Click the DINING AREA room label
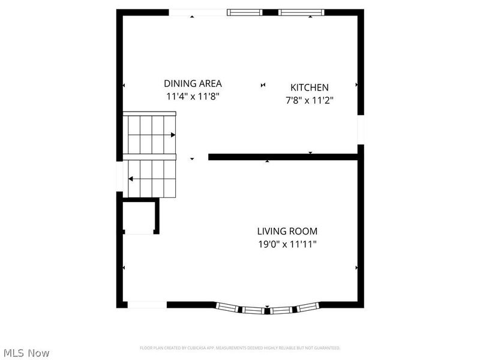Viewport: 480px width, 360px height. click(193, 84)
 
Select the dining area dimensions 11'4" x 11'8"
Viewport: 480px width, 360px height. click(193, 96)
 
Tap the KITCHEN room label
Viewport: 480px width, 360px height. click(310, 88)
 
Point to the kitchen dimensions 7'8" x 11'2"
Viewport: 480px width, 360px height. click(310, 100)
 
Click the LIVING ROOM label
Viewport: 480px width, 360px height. click(287, 231)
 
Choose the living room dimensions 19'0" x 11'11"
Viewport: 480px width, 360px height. click(287, 244)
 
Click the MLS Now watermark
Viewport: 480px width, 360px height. click(26, 353)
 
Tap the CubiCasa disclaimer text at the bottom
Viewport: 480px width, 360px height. click(240, 348)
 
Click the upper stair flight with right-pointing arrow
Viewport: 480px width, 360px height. click(150, 134)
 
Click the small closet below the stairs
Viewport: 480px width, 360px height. click(140, 217)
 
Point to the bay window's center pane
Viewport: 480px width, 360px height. click(266, 310)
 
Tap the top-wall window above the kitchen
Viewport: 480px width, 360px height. click(302, 12)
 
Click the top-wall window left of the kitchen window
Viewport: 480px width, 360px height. click(245, 12)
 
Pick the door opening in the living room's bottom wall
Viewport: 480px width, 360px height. click(147, 305)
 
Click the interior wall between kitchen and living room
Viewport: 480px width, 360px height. click(282, 157)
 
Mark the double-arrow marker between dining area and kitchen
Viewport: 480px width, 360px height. click(263, 85)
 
